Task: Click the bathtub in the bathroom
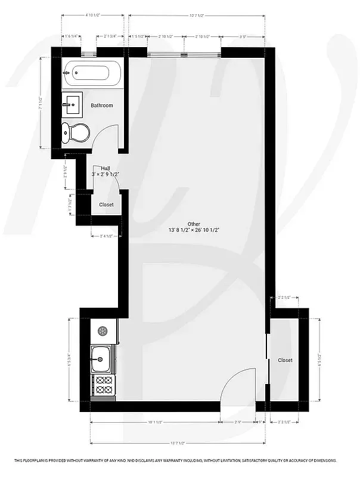pos(92,75)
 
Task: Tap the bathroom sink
pos(72,105)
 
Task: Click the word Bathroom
pos(101,106)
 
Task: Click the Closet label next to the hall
pos(106,205)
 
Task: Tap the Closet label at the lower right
pos(285,360)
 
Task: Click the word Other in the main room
pos(194,224)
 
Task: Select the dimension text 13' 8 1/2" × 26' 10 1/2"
pos(194,230)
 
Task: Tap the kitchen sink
pos(101,360)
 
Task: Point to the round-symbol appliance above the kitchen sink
pos(101,332)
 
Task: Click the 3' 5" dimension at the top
pos(243,36)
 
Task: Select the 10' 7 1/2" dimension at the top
pos(197,14)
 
